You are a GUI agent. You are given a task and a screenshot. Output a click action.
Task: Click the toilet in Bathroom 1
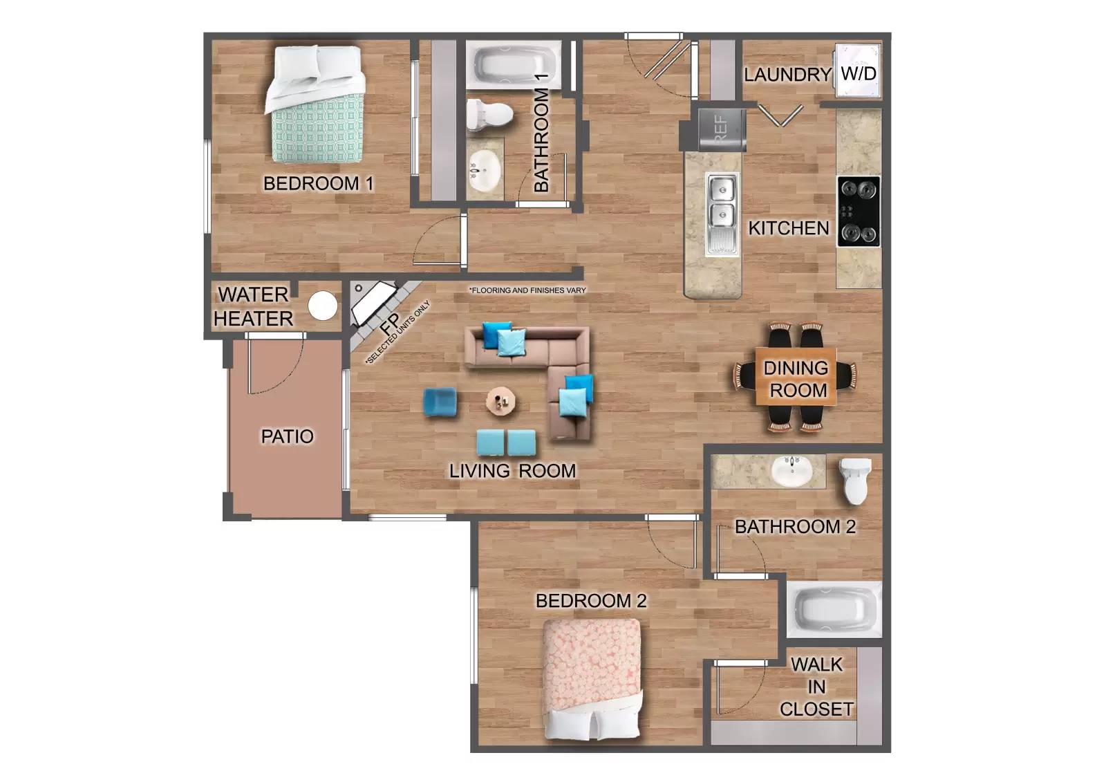click(x=488, y=114)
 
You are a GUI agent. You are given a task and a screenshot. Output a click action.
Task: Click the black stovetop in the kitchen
click(x=859, y=212)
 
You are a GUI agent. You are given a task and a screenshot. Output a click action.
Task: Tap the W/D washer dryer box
click(x=858, y=73)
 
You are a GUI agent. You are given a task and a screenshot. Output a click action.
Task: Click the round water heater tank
click(x=322, y=306)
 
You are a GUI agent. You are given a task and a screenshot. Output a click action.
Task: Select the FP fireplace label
click(x=389, y=323)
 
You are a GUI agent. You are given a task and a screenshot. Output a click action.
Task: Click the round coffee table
click(x=500, y=400)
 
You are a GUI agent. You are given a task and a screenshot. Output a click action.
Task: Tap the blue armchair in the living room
click(x=440, y=402)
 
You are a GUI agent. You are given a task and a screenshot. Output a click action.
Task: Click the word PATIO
click(x=287, y=436)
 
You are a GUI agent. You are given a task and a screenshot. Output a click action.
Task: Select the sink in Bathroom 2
click(x=792, y=471)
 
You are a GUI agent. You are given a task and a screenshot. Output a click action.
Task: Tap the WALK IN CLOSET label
click(x=816, y=687)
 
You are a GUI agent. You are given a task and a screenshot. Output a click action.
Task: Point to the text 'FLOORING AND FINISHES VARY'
click(x=527, y=290)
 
